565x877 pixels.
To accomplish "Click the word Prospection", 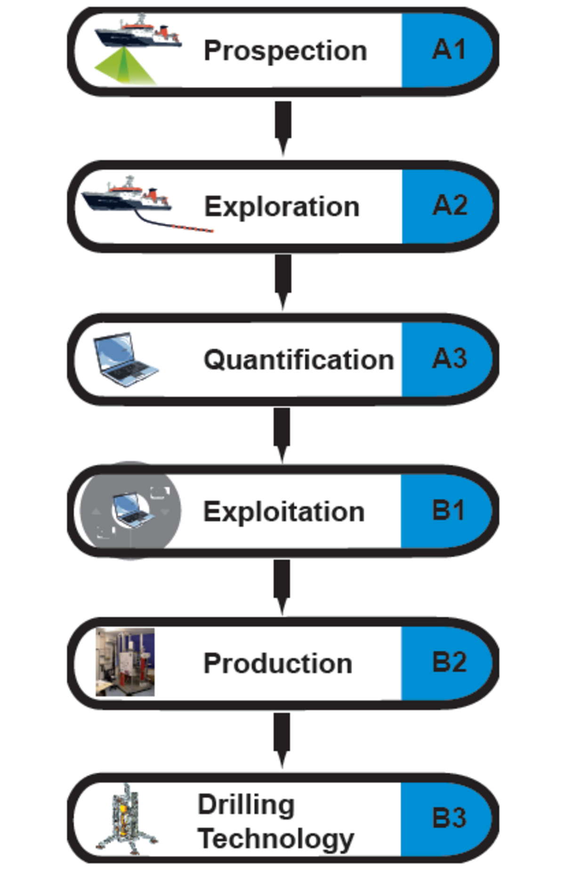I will click(285, 51).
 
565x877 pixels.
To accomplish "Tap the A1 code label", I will click(449, 49).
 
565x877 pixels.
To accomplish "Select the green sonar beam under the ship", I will click(124, 66).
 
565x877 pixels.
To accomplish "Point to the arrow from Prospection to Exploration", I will click(283, 126).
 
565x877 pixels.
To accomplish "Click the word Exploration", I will click(282, 207).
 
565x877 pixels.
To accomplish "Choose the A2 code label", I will click(450, 205).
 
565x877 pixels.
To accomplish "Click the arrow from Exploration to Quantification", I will click(283, 280).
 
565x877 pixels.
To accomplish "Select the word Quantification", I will click(299, 360).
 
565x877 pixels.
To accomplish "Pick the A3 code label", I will click(450, 358).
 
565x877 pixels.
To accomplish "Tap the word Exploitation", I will click(283, 512).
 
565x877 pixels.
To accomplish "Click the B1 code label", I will click(448, 511).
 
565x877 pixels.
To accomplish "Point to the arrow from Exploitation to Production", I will click(282, 585).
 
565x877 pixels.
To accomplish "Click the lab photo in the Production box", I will click(125, 662).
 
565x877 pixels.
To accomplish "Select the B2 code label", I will click(449, 662).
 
